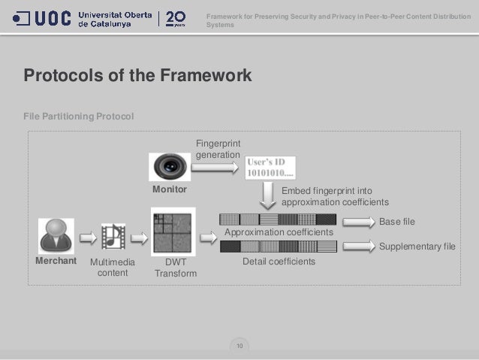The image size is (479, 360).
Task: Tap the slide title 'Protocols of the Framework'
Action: coord(137,76)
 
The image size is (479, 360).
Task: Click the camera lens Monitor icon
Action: coord(169,166)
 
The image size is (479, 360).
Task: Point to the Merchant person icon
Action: coord(56,236)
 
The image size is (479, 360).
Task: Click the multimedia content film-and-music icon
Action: coord(113,237)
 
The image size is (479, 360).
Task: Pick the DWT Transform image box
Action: coord(173,232)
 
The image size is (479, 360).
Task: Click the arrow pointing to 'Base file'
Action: coord(358,221)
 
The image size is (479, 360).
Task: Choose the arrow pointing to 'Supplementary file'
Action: coord(358,246)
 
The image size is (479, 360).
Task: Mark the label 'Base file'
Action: coord(396,222)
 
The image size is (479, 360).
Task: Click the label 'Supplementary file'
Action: coord(417,247)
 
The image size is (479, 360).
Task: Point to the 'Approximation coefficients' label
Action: coord(279,233)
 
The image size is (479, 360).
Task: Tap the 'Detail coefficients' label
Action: coord(279,262)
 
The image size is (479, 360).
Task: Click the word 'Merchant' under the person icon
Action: coord(56,261)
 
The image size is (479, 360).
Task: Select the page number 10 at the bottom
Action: coord(239,346)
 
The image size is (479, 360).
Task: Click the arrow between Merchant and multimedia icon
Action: coord(88,238)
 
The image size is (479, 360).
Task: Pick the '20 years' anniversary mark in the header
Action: coord(175,18)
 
